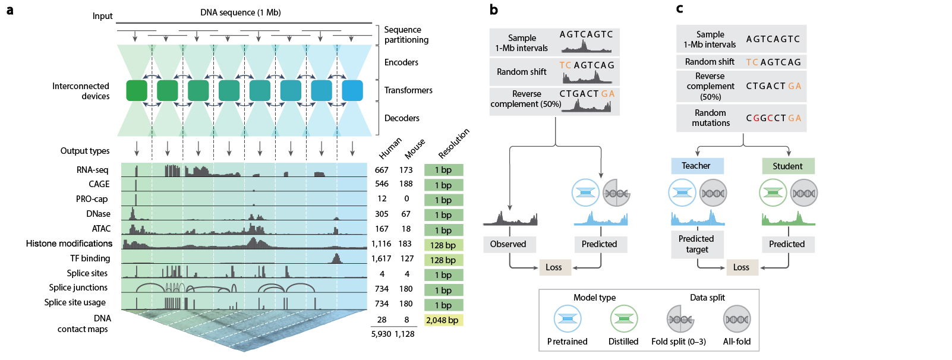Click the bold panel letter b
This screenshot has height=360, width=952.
click(x=494, y=10)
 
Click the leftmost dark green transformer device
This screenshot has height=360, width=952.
click(x=137, y=90)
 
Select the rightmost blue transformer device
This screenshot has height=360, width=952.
click(x=352, y=90)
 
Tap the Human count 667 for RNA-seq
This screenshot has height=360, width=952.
click(x=382, y=170)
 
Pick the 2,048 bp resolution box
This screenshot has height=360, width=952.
click(x=443, y=320)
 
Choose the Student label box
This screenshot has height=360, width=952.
click(x=787, y=166)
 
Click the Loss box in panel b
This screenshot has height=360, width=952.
click(x=554, y=267)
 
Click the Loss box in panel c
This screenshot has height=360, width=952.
click(x=741, y=267)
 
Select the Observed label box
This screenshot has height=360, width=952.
click(x=508, y=244)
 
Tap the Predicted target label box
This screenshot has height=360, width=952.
click(x=696, y=244)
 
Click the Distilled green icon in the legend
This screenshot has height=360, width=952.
click(x=623, y=319)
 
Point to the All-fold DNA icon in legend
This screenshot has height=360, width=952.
click(x=737, y=319)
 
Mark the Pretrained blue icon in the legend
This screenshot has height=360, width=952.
click(x=568, y=319)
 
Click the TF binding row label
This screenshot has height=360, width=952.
click(x=90, y=258)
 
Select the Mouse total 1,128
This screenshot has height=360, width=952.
click(x=405, y=334)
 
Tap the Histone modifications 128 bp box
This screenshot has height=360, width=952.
click(x=443, y=245)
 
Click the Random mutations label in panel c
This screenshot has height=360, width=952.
click(x=711, y=118)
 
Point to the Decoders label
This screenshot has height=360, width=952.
click(x=402, y=118)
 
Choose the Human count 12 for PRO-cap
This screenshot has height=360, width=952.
click(x=382, y=199)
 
